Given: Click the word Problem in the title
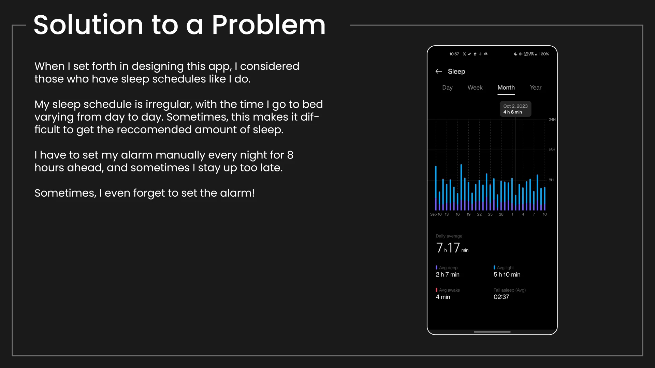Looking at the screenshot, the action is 268,25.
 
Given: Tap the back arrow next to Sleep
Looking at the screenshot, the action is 439,71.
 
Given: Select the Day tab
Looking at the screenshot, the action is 447,88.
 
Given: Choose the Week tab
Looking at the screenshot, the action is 475,88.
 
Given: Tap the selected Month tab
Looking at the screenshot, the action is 506,88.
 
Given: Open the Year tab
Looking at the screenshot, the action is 536,88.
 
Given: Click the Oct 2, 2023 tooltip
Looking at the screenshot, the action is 515,109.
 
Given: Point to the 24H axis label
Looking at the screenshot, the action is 552,120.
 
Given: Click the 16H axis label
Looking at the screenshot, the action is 552,150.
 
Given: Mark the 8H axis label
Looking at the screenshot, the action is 551,180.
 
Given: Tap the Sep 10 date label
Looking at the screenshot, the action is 436,214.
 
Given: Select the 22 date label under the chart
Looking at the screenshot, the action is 479,214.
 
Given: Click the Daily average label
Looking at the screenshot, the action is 449,236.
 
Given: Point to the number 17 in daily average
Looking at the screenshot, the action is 454,248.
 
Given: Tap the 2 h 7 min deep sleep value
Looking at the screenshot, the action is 448,275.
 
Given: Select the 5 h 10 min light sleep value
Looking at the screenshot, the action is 507,275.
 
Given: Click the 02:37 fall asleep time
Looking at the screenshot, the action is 501,297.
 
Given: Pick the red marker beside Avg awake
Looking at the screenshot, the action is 436,290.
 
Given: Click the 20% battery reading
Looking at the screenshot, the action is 545,54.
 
